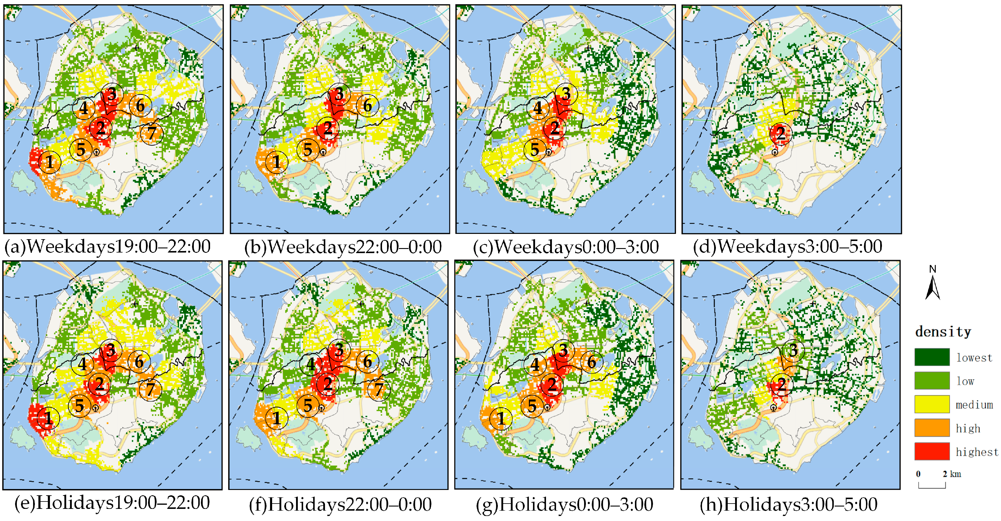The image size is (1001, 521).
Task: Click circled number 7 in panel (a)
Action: tap(152, 133)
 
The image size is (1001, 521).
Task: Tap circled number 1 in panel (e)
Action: tap(48, 418)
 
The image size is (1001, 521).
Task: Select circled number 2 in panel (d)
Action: tap(781, 133)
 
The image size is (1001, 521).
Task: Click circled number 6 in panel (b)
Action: tap(367, 105)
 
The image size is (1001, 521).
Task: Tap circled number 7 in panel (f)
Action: tap(378, 389)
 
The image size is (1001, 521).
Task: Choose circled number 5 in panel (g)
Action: tap(532, 406)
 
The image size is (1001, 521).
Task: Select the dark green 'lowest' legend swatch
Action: tap(932, 357)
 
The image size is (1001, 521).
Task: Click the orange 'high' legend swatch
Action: tap(932, 428)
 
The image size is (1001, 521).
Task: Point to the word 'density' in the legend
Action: tap(943, 332)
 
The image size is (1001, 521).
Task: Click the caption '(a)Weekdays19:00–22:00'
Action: tap(108, 247)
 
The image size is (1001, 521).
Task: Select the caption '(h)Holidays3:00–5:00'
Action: tap(789, 504)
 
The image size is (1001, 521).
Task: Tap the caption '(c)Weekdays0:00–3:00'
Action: tap(565, 247)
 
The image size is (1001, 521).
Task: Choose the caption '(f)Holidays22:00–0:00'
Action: tap(340, 504)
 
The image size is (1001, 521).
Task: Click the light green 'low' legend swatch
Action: tap(932, 381)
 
